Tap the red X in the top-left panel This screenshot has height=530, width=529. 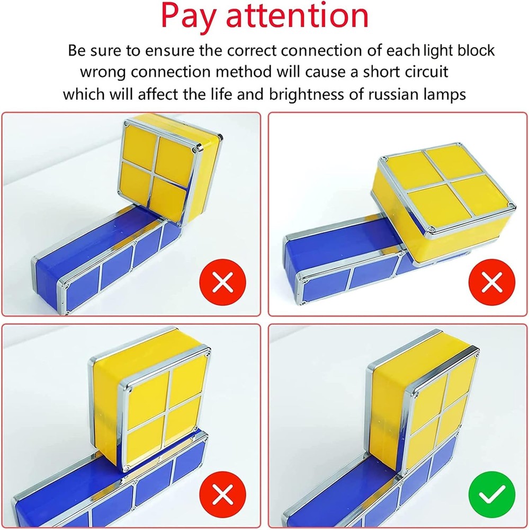(x=223, y=283)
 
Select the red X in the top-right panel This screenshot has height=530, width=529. (x=492, y=283)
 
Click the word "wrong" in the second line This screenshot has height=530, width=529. (x=102, y=72)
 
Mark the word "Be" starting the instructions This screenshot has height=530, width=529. (x=76, y=51)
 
